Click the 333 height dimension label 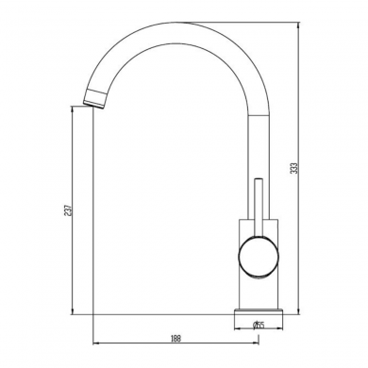(x=294, y=168)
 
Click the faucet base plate (x=258, y=310)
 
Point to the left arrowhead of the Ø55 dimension (x=237, y=326)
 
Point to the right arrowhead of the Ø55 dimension (x=279, y=326)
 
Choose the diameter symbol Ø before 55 (x=255, y=326)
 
